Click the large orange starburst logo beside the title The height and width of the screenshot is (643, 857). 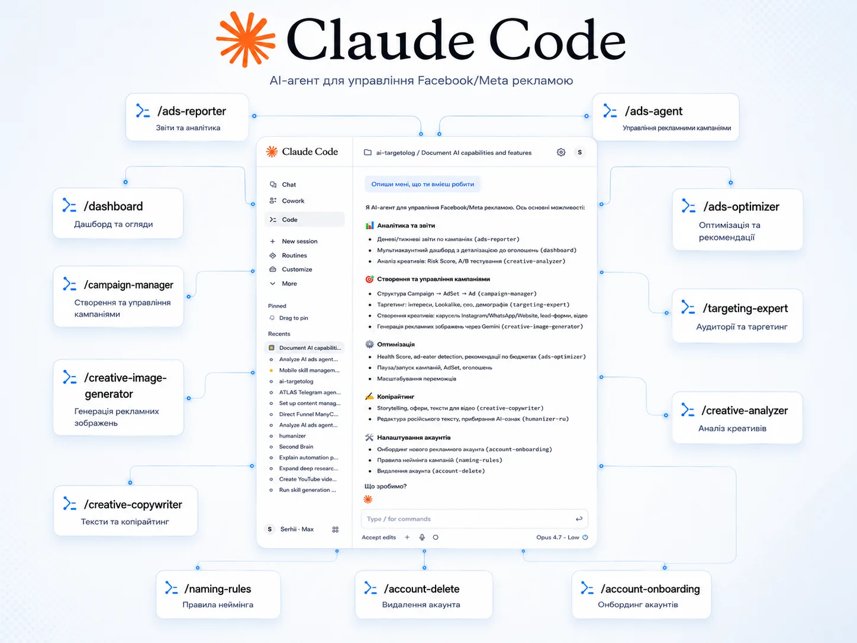(x=246, y=39)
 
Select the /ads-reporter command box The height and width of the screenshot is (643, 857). (x=187, y=117)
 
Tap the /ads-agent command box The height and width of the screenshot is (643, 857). (x=665, y=117)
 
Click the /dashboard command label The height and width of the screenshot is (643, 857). (x=113, y=206)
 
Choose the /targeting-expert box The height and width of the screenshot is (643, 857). (x=737, y=316)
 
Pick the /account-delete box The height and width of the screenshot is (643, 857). (x=424, y=594)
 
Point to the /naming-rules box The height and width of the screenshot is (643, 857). (x=218, y=594)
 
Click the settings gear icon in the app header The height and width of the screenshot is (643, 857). (x=560, y=152)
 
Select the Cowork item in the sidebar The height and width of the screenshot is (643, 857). (x=293, y=201)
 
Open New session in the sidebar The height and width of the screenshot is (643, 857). (x=299, y=241)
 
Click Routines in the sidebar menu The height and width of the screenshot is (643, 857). (x=294, y=255)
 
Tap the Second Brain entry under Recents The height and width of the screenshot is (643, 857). (x=296, y=446)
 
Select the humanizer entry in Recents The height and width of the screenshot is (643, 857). (x=292, y=436)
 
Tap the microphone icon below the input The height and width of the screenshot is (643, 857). (x=422, y=537)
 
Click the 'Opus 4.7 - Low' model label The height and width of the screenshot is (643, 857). (x=558, y=537)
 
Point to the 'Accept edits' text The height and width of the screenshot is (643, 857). (x=379, y=537)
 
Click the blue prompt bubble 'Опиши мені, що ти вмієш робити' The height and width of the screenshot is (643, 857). (x=423, y=184)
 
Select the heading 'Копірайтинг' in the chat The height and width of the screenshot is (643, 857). (x=395, y=397)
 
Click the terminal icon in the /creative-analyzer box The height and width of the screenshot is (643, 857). (x=688, y=410)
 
